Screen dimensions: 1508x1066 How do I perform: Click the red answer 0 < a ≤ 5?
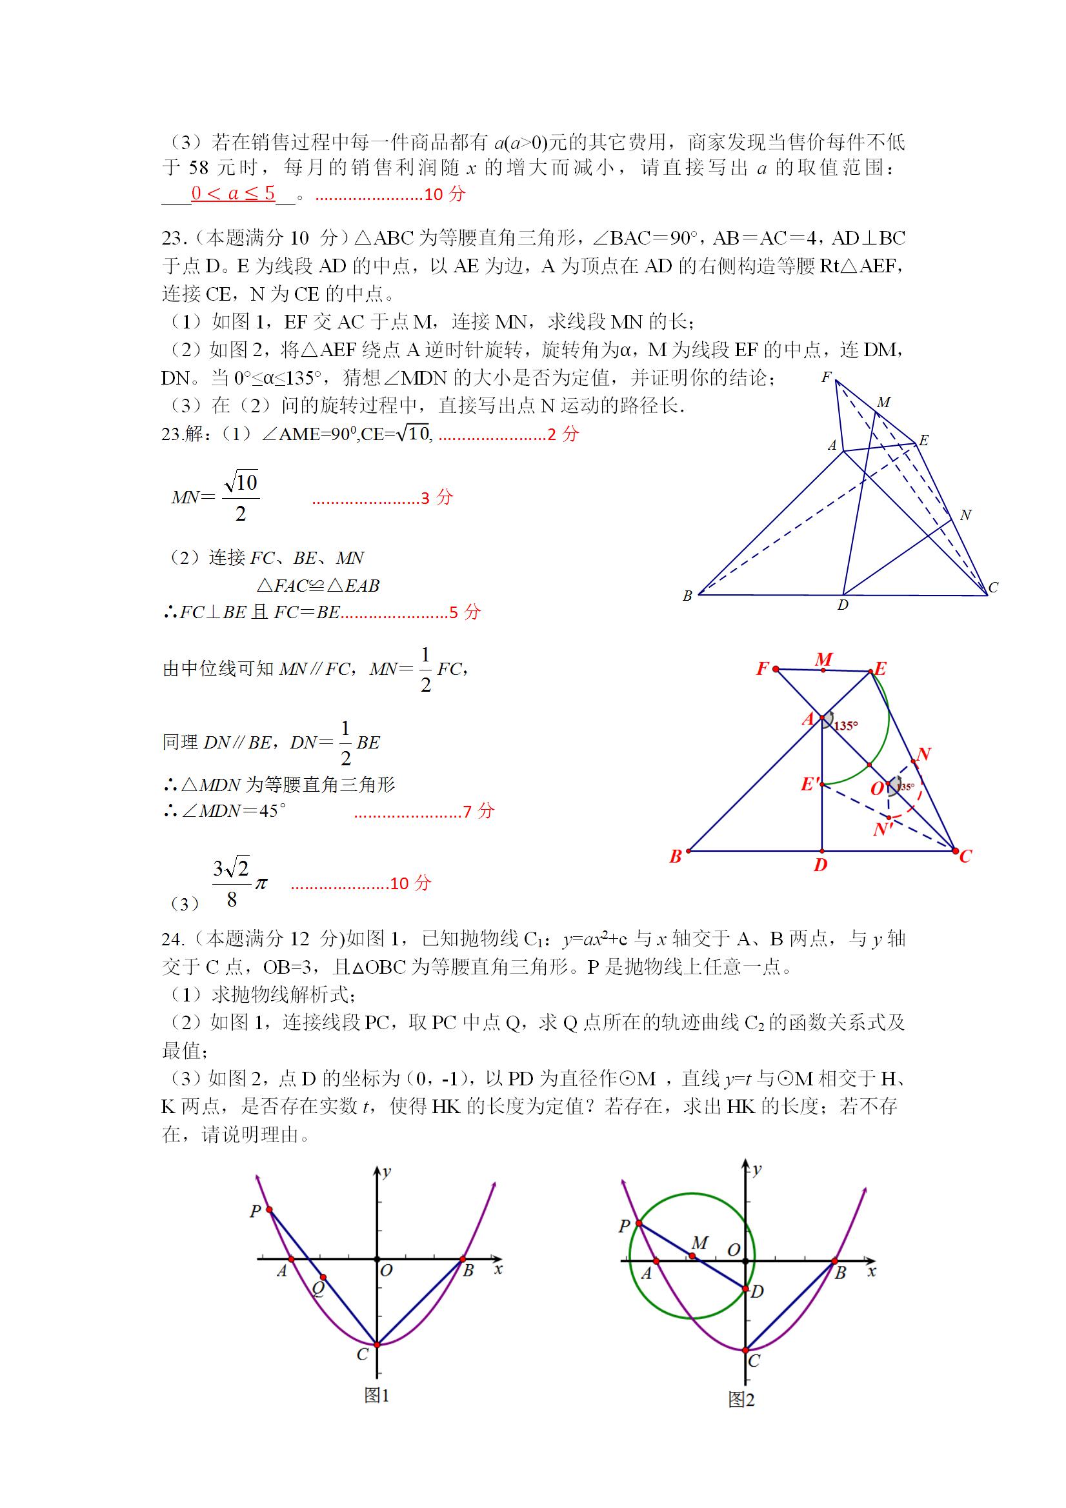pos(233,193)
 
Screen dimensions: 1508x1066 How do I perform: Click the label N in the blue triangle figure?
pos(965,515)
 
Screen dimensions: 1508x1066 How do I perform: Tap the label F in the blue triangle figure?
pos(826,377)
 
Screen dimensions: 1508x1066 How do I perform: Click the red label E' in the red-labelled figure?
pos(810,783)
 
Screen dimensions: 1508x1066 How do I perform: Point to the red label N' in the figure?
pos(882,830)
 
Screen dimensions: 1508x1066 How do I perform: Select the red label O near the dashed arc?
pos(878,788)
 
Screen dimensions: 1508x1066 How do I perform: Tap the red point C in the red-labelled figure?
pos(955,850)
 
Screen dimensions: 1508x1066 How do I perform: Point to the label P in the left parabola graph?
pos(256,1211)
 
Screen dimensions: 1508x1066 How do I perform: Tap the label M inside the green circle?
pos(699,1243)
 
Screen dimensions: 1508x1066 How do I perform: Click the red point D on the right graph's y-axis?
pos(746,1289)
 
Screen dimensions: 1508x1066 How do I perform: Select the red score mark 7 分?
pos(478,811)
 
